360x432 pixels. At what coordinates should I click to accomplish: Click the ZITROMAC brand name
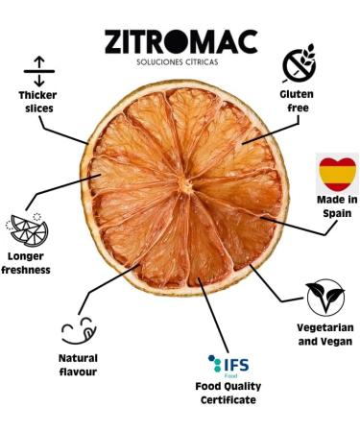180,43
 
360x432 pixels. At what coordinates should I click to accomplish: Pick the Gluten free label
297,102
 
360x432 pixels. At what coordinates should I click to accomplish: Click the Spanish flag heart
337,173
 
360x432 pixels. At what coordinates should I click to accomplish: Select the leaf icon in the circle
324,299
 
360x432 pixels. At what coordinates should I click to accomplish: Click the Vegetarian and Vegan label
324,334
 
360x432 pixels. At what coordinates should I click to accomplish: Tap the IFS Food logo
228,365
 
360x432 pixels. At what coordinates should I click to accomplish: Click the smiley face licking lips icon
78,329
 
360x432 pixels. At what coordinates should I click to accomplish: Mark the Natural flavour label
78,365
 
